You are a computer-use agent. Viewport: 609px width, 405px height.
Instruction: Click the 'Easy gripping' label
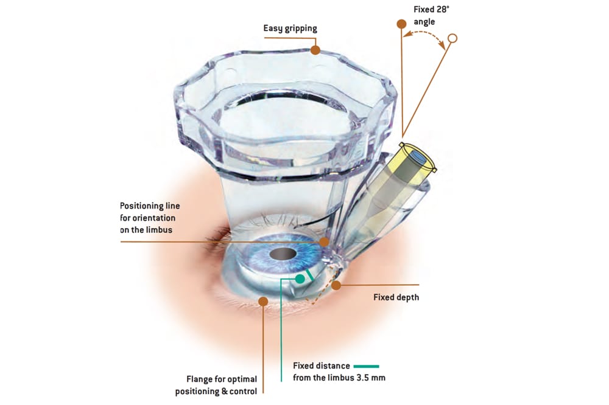pyautogui.click(x=290, y=28)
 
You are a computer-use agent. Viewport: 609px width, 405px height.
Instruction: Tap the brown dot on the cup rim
pyautogui.click(x=315, y=50)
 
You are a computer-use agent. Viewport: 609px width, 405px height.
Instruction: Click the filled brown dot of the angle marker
pyautogui.click(x=401, y=24)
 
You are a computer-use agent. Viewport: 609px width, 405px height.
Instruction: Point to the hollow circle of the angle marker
pyautogui.click(x=452, y=39)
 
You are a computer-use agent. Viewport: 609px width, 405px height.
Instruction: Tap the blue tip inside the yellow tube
pyautogui.click(x=417, y=156)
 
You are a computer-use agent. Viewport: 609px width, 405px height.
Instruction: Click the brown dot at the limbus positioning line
pyautogui.click(x=324, y=241)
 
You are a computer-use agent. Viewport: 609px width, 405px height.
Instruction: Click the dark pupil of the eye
pyautogui.click(x=282, y=253)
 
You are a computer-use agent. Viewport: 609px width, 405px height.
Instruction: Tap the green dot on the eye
pyautogui.click(x=300, y=279)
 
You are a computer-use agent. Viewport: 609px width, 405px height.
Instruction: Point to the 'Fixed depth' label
pyautogui.click(x=396, y=297)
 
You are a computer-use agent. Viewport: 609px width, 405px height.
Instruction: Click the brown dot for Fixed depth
pyautogui.click(x=336, y=285)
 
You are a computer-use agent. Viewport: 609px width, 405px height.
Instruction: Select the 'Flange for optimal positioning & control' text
pyautogui.click(x=216, y=385)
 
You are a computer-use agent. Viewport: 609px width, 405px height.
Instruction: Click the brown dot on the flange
pyautogui.click(x=263, y=300)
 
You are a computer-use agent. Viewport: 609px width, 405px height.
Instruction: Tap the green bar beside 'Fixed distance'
pyautogui.click(x=365, y=366)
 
